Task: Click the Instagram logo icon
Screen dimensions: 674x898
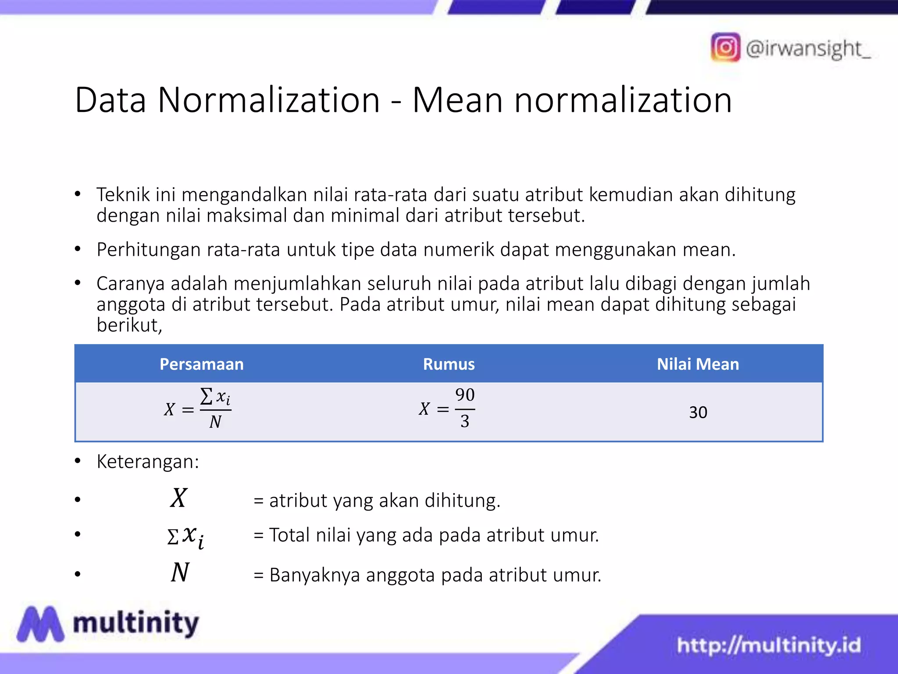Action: (x=725, y=47)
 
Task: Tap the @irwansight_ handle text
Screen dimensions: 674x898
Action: (x=808, y=48)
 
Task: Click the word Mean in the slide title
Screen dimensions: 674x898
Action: (x=457, y=100)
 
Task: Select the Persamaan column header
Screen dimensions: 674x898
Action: (x=201, y=364)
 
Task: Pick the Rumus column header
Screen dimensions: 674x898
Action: (x=449, y=364)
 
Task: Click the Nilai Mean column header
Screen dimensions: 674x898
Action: (x=698, y=364)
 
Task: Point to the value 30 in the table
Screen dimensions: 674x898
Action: (x=698, y=412)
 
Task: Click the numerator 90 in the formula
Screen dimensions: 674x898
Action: (x=465, y=395)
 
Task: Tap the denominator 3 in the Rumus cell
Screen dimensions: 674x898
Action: (x=465, y=422)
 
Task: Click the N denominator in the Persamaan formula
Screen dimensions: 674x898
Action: (x=215, y=422)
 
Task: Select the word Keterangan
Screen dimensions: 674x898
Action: (x=147, y=462)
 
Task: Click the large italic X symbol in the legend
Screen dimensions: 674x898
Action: (x=179, y=498)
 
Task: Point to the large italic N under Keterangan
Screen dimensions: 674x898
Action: (x=180, y=573)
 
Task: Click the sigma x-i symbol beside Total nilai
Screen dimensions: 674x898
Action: (x=186, y=536)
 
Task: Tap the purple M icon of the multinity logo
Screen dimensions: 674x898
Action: (x=40, y=624)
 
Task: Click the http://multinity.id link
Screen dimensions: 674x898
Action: (x=769, y=645)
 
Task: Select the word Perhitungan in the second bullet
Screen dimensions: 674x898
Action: (x=149, y=250)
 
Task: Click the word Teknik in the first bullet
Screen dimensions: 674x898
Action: (x=123, y=195)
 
